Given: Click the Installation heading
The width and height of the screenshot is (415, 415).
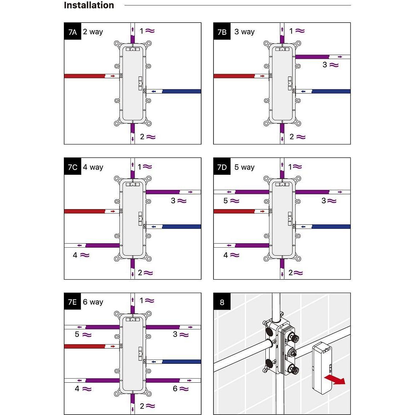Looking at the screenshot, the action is pyautogui.click(x=89, y=5).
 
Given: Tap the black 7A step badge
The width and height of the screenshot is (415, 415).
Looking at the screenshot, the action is pyautogui.click(x=73, y=31).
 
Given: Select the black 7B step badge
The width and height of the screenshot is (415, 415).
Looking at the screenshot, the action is pyautogui.click(x=222, y=31).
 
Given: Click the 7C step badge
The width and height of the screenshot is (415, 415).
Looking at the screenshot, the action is pyautogui.click(x=73, y=167).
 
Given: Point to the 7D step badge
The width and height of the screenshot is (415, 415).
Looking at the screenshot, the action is pyautogui.click(x=222, y=167).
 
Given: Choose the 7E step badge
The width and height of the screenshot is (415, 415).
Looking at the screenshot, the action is pyautogui.click(x=73, y=301).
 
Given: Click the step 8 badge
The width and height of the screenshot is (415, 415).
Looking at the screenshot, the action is pyautogui.click(x=222, y=301).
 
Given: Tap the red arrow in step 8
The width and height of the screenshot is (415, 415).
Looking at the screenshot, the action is pyautogui.click(x=335, y=379).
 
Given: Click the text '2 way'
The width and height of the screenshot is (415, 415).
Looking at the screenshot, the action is pyautogui.click(x=93, y=32).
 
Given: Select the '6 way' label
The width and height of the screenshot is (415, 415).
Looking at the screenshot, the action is pyautogui.click(x=93, y=302).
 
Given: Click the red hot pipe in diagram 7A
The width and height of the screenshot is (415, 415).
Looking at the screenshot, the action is pyautogui.click(x=85, y=76).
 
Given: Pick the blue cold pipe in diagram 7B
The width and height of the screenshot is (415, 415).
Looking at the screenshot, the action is pyautogui.click(x=331, y=91).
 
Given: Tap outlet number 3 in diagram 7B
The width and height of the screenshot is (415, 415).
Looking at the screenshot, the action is pyautogui.click(x=325, y=65).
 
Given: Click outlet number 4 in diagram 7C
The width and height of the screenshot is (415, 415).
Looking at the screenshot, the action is pyautogui.click(x=75, y=255).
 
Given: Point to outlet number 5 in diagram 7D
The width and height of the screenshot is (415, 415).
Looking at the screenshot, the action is pyautogui.click(x=225, y=201).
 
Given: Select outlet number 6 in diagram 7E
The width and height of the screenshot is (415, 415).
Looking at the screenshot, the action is pyautogui.click(x=175, y=388).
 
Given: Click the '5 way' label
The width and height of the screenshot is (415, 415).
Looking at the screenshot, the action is pyautogui.click(x=244, y=167).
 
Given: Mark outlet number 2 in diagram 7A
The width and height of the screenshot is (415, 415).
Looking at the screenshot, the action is pyautogui.click(x=142, y=137).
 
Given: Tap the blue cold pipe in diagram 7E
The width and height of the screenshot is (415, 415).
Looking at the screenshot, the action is pyautogui.click(x=182, y=362).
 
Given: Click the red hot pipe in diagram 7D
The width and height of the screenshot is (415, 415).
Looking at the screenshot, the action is pyautogui.click(x=234, y=211).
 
